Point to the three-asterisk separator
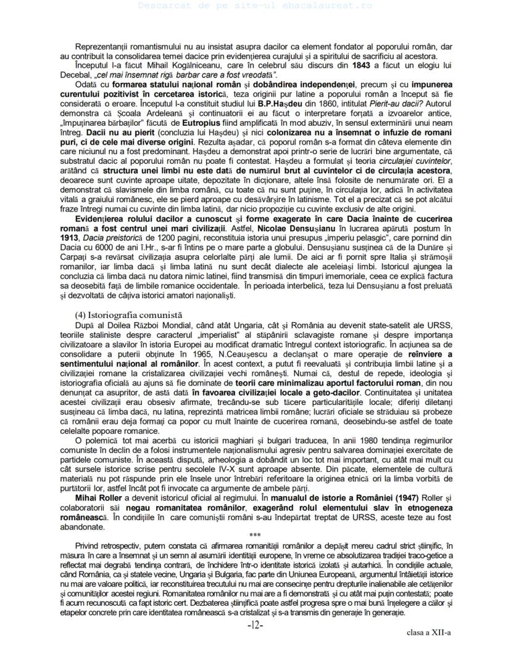coord(255,534)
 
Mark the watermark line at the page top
coord(255,5)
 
